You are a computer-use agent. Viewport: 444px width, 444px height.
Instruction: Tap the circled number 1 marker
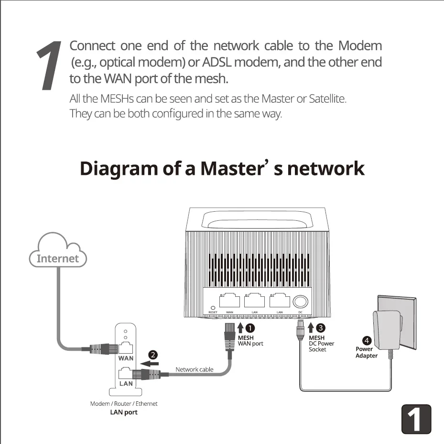[249, 328]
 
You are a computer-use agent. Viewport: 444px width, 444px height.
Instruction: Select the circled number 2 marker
[153, 355]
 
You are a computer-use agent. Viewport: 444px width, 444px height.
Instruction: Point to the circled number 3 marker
[321, 328]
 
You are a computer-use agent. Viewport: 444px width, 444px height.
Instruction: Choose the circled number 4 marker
[367, 341]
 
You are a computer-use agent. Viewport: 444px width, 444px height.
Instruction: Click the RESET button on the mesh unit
[212, 307]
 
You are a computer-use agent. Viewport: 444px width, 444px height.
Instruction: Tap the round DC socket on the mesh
[301, 301]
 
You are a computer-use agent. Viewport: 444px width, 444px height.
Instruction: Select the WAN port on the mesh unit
[230, 301]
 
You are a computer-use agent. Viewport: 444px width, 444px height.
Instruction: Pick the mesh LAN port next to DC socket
[280, 301]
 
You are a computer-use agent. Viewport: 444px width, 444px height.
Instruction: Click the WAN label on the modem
[126, 358]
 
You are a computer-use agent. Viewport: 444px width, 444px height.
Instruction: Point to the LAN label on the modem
[126, 383]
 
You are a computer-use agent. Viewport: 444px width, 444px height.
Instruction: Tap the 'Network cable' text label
[195, 369]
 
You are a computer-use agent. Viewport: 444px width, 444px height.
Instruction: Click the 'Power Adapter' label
[367, 352]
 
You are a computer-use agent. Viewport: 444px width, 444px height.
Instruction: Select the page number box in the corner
[416, 419]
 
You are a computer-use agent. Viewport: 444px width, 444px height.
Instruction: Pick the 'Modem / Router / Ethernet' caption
[124, 404]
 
